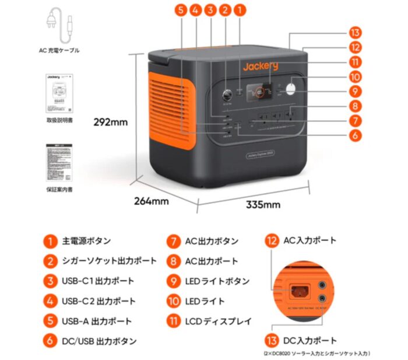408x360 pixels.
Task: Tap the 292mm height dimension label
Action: pos(111,123)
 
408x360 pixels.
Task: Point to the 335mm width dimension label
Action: pos(263,204)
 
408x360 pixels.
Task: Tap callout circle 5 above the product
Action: pos(181,10)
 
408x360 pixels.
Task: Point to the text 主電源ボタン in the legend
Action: pos(86,241)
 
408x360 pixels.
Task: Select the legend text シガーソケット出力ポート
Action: pos(109,261)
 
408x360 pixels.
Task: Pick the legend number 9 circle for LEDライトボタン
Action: pos(174,281)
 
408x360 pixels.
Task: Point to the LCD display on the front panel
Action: pos(261,90)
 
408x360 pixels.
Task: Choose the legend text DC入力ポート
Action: pos(309,341)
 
